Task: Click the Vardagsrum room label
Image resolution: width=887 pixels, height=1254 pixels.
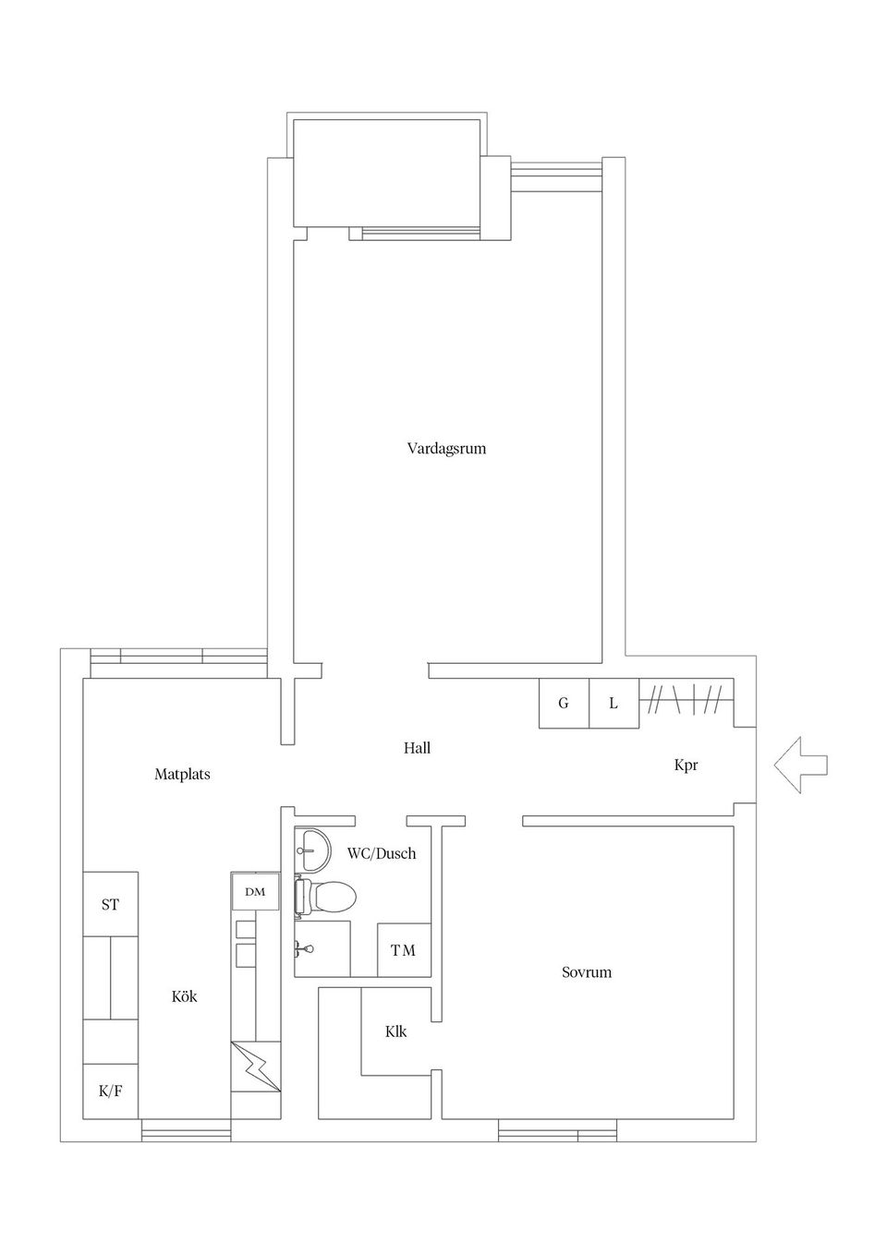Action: click(446, 449)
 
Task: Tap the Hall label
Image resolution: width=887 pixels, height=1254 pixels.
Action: click(417, 748)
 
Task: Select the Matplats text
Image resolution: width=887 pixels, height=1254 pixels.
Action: click(182, 774)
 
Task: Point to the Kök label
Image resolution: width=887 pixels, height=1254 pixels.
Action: click(184, 996)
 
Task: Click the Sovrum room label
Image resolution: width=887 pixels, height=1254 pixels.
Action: click(587, 972)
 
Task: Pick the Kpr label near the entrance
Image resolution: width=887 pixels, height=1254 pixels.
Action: click(686, 766)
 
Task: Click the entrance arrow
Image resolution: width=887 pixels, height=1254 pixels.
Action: click(800, 765)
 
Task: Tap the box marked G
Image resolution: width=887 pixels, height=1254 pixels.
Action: click(564, 704)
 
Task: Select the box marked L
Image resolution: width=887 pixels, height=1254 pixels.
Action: click(614, 704)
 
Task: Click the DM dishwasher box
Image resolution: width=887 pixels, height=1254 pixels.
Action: click(255, 891)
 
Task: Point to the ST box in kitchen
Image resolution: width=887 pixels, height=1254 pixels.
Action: click(110, 904)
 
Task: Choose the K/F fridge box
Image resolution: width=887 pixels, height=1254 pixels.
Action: click(110, 1091)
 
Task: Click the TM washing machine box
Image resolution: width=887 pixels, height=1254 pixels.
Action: click(404, 949)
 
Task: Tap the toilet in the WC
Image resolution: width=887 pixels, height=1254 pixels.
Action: click(327, 896)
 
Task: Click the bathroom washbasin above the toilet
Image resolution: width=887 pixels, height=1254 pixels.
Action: click(312, 849)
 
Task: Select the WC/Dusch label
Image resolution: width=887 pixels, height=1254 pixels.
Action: click(382, 853)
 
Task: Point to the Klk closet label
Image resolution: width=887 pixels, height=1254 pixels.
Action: click(395, 1031)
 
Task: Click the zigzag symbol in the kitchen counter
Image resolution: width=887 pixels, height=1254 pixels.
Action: click(255, 1067)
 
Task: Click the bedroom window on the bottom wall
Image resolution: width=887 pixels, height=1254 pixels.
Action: click(557, 1130)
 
